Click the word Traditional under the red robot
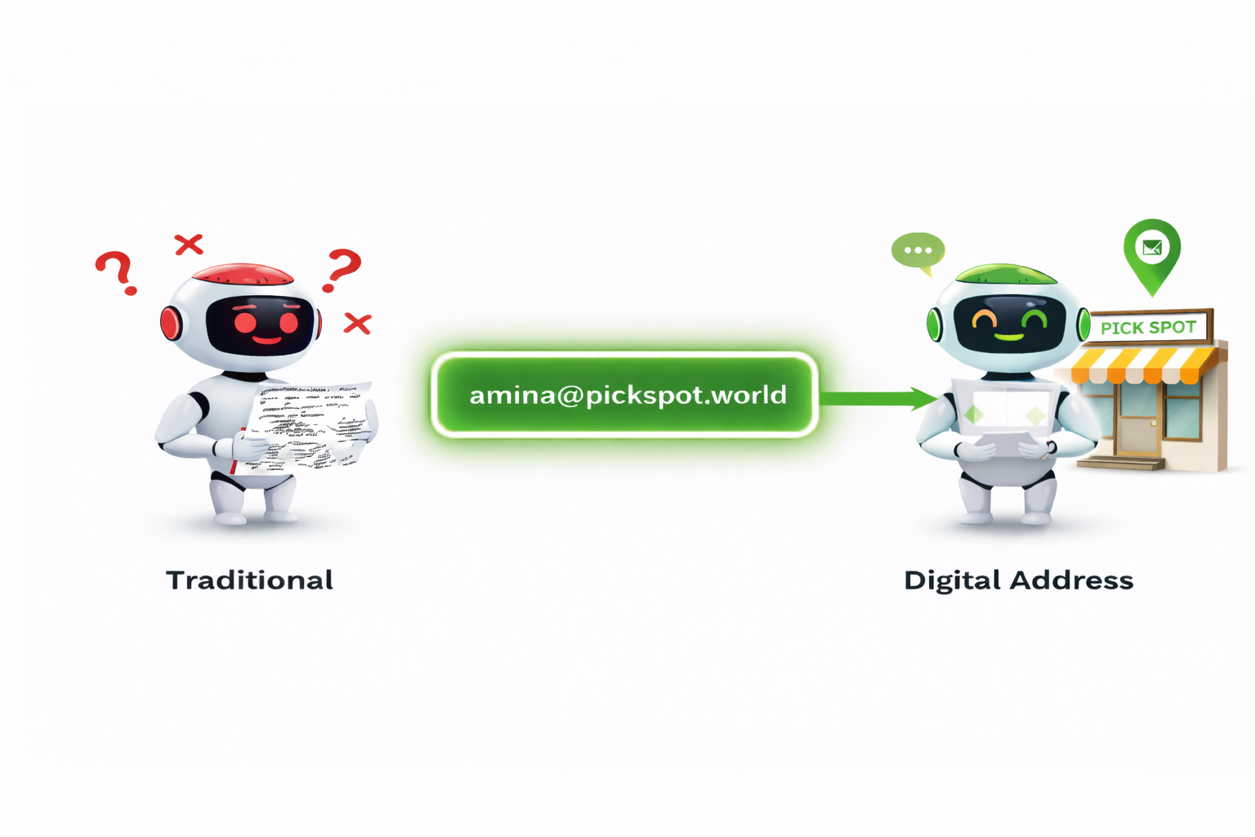tap(249, 580)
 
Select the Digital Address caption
tap(1018, 580)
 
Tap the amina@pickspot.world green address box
tap(625, 396)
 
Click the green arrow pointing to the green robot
tap(878, 398)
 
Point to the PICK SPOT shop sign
tap(1148, 328)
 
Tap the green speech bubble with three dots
tap(918, 252)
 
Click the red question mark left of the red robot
tap(116, 271)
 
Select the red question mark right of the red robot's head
tap(342, 268)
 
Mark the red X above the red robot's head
tap(189, 244)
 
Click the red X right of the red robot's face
tap(357, 324)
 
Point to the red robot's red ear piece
tap(170, 324)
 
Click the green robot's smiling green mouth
tap(1009, 336)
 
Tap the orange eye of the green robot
tap(984, 320)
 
